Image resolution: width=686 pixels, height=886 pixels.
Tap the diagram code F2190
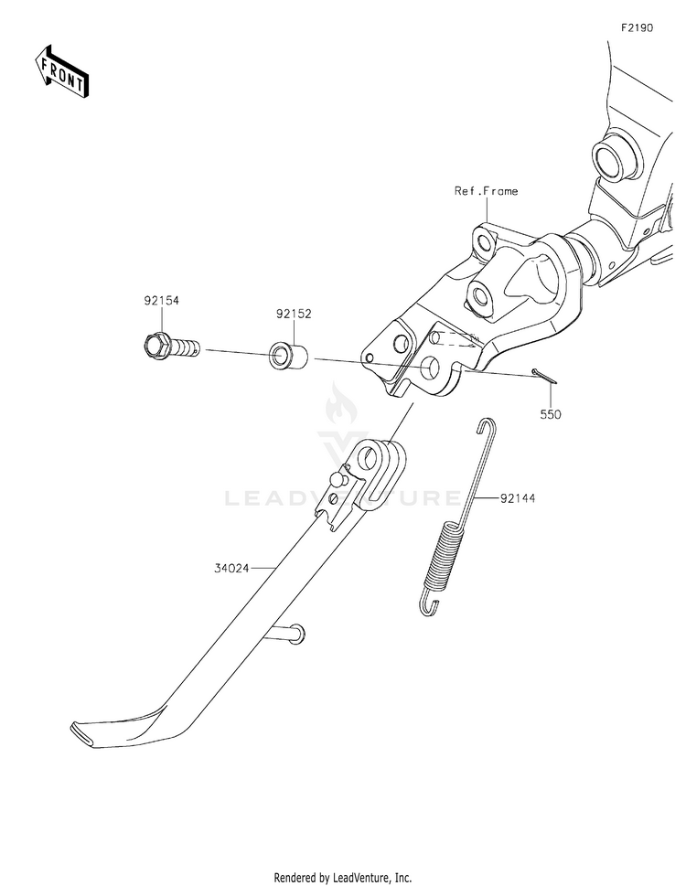pyautogui.click(x=637, y=27)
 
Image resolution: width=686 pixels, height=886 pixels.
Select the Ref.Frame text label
pyautogui.click(x=486, y=191)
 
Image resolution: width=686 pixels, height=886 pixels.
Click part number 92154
pyautogui.click(x=161, y=301)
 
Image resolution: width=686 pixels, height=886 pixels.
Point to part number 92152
pyautogui.click(x=294, y=314)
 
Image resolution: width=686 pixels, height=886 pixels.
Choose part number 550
pyautogui.click(x=551, y=414)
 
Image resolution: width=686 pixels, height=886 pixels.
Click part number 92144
pyautogui.click(x=517, y=498)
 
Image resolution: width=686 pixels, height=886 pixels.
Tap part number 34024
pyautogui.click(x=231, y=569)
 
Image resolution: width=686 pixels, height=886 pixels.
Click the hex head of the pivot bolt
pyautogui.click(x=154, y=346)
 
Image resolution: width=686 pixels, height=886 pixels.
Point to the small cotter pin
pyautogui.click(x=544, y=377)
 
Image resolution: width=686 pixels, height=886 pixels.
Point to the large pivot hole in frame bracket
pyautogui.click(x=431, y=367)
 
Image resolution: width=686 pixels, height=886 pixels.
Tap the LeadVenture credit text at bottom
pyautogui.click(x=343, y=878)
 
